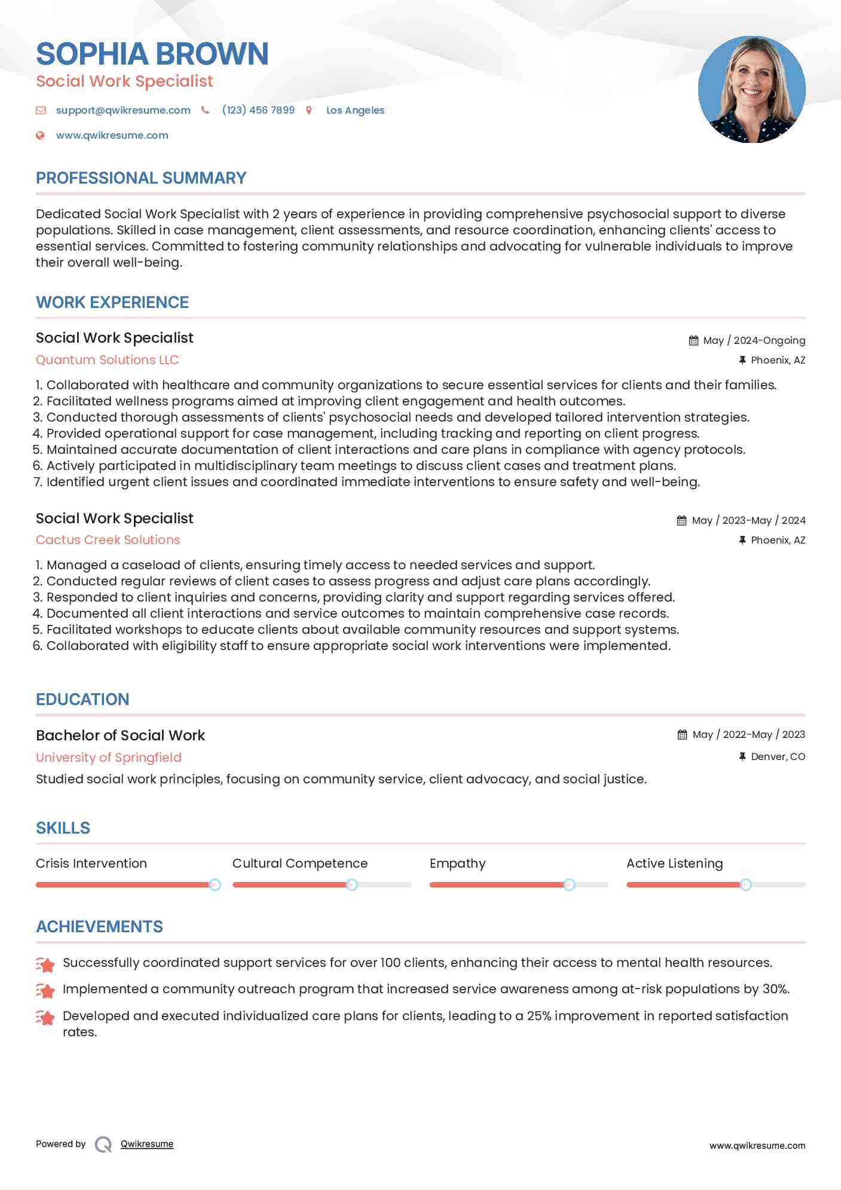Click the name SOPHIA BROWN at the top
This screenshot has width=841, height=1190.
point(152,54)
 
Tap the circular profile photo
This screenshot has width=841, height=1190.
point(751,90)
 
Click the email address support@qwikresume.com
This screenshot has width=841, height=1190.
point(123,110)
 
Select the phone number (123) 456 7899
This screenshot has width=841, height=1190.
point(258,110)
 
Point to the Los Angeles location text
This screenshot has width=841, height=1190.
point(355,110)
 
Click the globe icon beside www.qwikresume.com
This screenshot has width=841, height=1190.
point(40,136)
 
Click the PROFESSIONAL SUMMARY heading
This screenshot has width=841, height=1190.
point(141,178)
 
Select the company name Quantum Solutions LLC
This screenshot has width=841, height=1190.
point(108,360)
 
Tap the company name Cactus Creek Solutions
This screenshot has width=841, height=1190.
point(108,540)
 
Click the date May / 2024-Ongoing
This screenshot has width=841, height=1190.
point(754,340)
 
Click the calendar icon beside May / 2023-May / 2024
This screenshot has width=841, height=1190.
point(681,520)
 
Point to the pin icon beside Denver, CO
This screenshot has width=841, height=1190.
point(742,756)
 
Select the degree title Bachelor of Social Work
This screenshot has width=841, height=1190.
point(120,736)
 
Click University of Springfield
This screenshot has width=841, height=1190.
point(109,758)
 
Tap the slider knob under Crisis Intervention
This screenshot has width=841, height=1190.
point(215,884)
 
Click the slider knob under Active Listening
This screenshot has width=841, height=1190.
point(745,884)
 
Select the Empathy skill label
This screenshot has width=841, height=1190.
point(457,863)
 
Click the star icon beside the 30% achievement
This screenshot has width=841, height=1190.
point(45,990)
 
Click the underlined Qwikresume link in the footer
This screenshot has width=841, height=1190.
point(147,1144)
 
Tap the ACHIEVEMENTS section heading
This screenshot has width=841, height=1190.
point(99,927)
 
